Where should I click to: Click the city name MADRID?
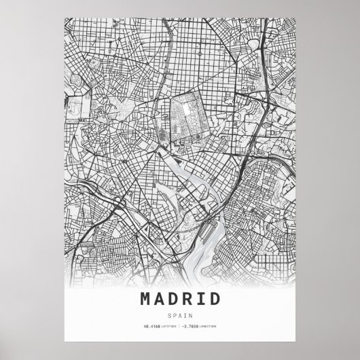pyautogui.click(x=180, y=298)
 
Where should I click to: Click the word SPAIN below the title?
pyautogui.click(x=180, y=314)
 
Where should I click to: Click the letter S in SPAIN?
pyautogui.click(x=170, y=314)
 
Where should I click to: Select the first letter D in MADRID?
pyautogui.click(x=175, y=298)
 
